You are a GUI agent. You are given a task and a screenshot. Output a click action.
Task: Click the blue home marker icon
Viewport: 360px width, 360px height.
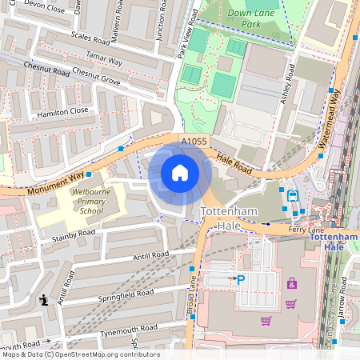click(x=179, y=172)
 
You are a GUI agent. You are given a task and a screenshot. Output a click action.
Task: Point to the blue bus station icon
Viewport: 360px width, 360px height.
click(x=293, y=195)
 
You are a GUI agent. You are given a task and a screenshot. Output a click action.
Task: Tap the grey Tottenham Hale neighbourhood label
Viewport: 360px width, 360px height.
click(x=226, y=218)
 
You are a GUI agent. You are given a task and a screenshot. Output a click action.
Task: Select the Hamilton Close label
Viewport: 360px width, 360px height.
click(x=62, y=111)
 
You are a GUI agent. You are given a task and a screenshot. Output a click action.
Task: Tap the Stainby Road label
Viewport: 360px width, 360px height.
click(x=73, y=234)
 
